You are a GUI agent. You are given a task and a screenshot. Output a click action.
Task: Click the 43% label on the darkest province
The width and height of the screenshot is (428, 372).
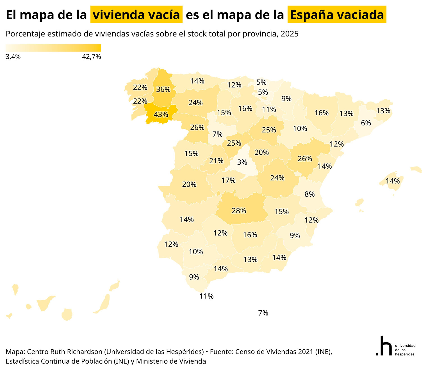coord(161,114)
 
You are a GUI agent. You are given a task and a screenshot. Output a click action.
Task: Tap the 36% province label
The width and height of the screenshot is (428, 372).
coord(163,89)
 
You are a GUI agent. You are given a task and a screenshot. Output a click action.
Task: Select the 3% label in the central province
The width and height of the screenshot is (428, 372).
coord(242,162)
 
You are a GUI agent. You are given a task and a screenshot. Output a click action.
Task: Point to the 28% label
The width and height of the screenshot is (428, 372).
coord(239,211)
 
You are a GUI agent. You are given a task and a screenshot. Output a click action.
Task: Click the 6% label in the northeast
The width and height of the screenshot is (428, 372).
coord(366,123)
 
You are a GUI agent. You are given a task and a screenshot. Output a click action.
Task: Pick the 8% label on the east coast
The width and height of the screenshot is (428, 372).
coord(309,194)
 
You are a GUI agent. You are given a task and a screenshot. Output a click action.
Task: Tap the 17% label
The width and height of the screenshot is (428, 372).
coord(228,180)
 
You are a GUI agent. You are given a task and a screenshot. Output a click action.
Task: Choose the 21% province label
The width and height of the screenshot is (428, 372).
coord(216,161)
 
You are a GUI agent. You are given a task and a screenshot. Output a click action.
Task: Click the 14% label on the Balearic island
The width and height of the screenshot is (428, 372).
coord(393,181)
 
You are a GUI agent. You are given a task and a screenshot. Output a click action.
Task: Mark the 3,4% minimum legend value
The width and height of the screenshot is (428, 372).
coord(13,57)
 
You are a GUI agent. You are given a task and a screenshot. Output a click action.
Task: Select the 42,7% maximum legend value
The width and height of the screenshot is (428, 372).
coord(92,57)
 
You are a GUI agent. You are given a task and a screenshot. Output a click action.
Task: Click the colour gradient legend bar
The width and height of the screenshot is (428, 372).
coord(53,48)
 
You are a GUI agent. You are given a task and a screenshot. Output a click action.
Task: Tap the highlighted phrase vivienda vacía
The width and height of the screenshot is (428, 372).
coord(136,15)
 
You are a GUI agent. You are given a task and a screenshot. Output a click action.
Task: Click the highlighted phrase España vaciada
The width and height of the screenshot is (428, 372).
coord(337,15)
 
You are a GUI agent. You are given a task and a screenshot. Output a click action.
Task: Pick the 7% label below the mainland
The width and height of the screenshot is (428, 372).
coord(263,313)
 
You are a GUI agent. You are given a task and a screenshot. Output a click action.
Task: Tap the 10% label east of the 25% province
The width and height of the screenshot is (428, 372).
coord(300,128)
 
